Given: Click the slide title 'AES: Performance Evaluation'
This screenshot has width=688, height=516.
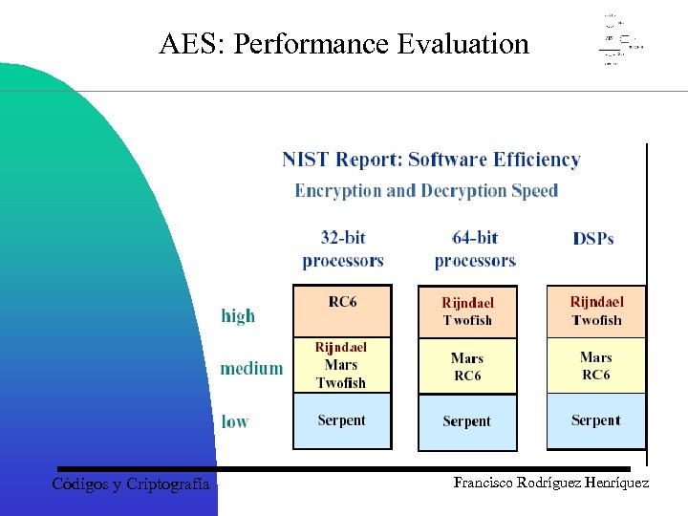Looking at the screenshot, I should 344,44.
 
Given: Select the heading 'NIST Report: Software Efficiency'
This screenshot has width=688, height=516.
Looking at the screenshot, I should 431,160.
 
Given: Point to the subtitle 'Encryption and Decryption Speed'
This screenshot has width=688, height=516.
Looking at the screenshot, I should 426,190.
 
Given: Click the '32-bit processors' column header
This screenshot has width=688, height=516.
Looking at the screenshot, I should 342,248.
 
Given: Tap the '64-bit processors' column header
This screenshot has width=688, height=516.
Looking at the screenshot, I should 474,248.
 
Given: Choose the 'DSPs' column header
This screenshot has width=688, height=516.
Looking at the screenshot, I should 593,239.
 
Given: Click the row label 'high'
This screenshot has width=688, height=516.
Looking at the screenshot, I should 238,315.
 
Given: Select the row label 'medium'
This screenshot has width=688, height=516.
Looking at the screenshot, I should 251,368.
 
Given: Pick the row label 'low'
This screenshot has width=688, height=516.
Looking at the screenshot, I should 235,420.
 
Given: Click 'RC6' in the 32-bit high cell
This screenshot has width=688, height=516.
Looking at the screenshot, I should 342,302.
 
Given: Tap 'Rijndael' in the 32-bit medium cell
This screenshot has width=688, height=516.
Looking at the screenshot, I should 341,347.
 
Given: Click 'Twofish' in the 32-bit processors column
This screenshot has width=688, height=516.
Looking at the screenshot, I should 341,382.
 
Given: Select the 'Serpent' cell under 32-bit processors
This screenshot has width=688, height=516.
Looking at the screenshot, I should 342,419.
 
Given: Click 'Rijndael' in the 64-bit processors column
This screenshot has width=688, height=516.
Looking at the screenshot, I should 467,303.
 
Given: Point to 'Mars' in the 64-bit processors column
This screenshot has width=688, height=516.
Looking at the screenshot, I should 467,358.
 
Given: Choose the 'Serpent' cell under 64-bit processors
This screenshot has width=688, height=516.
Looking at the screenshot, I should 467,420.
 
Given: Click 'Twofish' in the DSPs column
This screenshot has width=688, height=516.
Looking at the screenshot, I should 596,320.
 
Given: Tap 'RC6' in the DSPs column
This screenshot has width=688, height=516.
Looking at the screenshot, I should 596,375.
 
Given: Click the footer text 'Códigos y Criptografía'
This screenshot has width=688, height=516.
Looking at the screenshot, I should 130,484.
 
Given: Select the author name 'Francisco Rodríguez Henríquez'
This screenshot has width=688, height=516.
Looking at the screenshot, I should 551,484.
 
